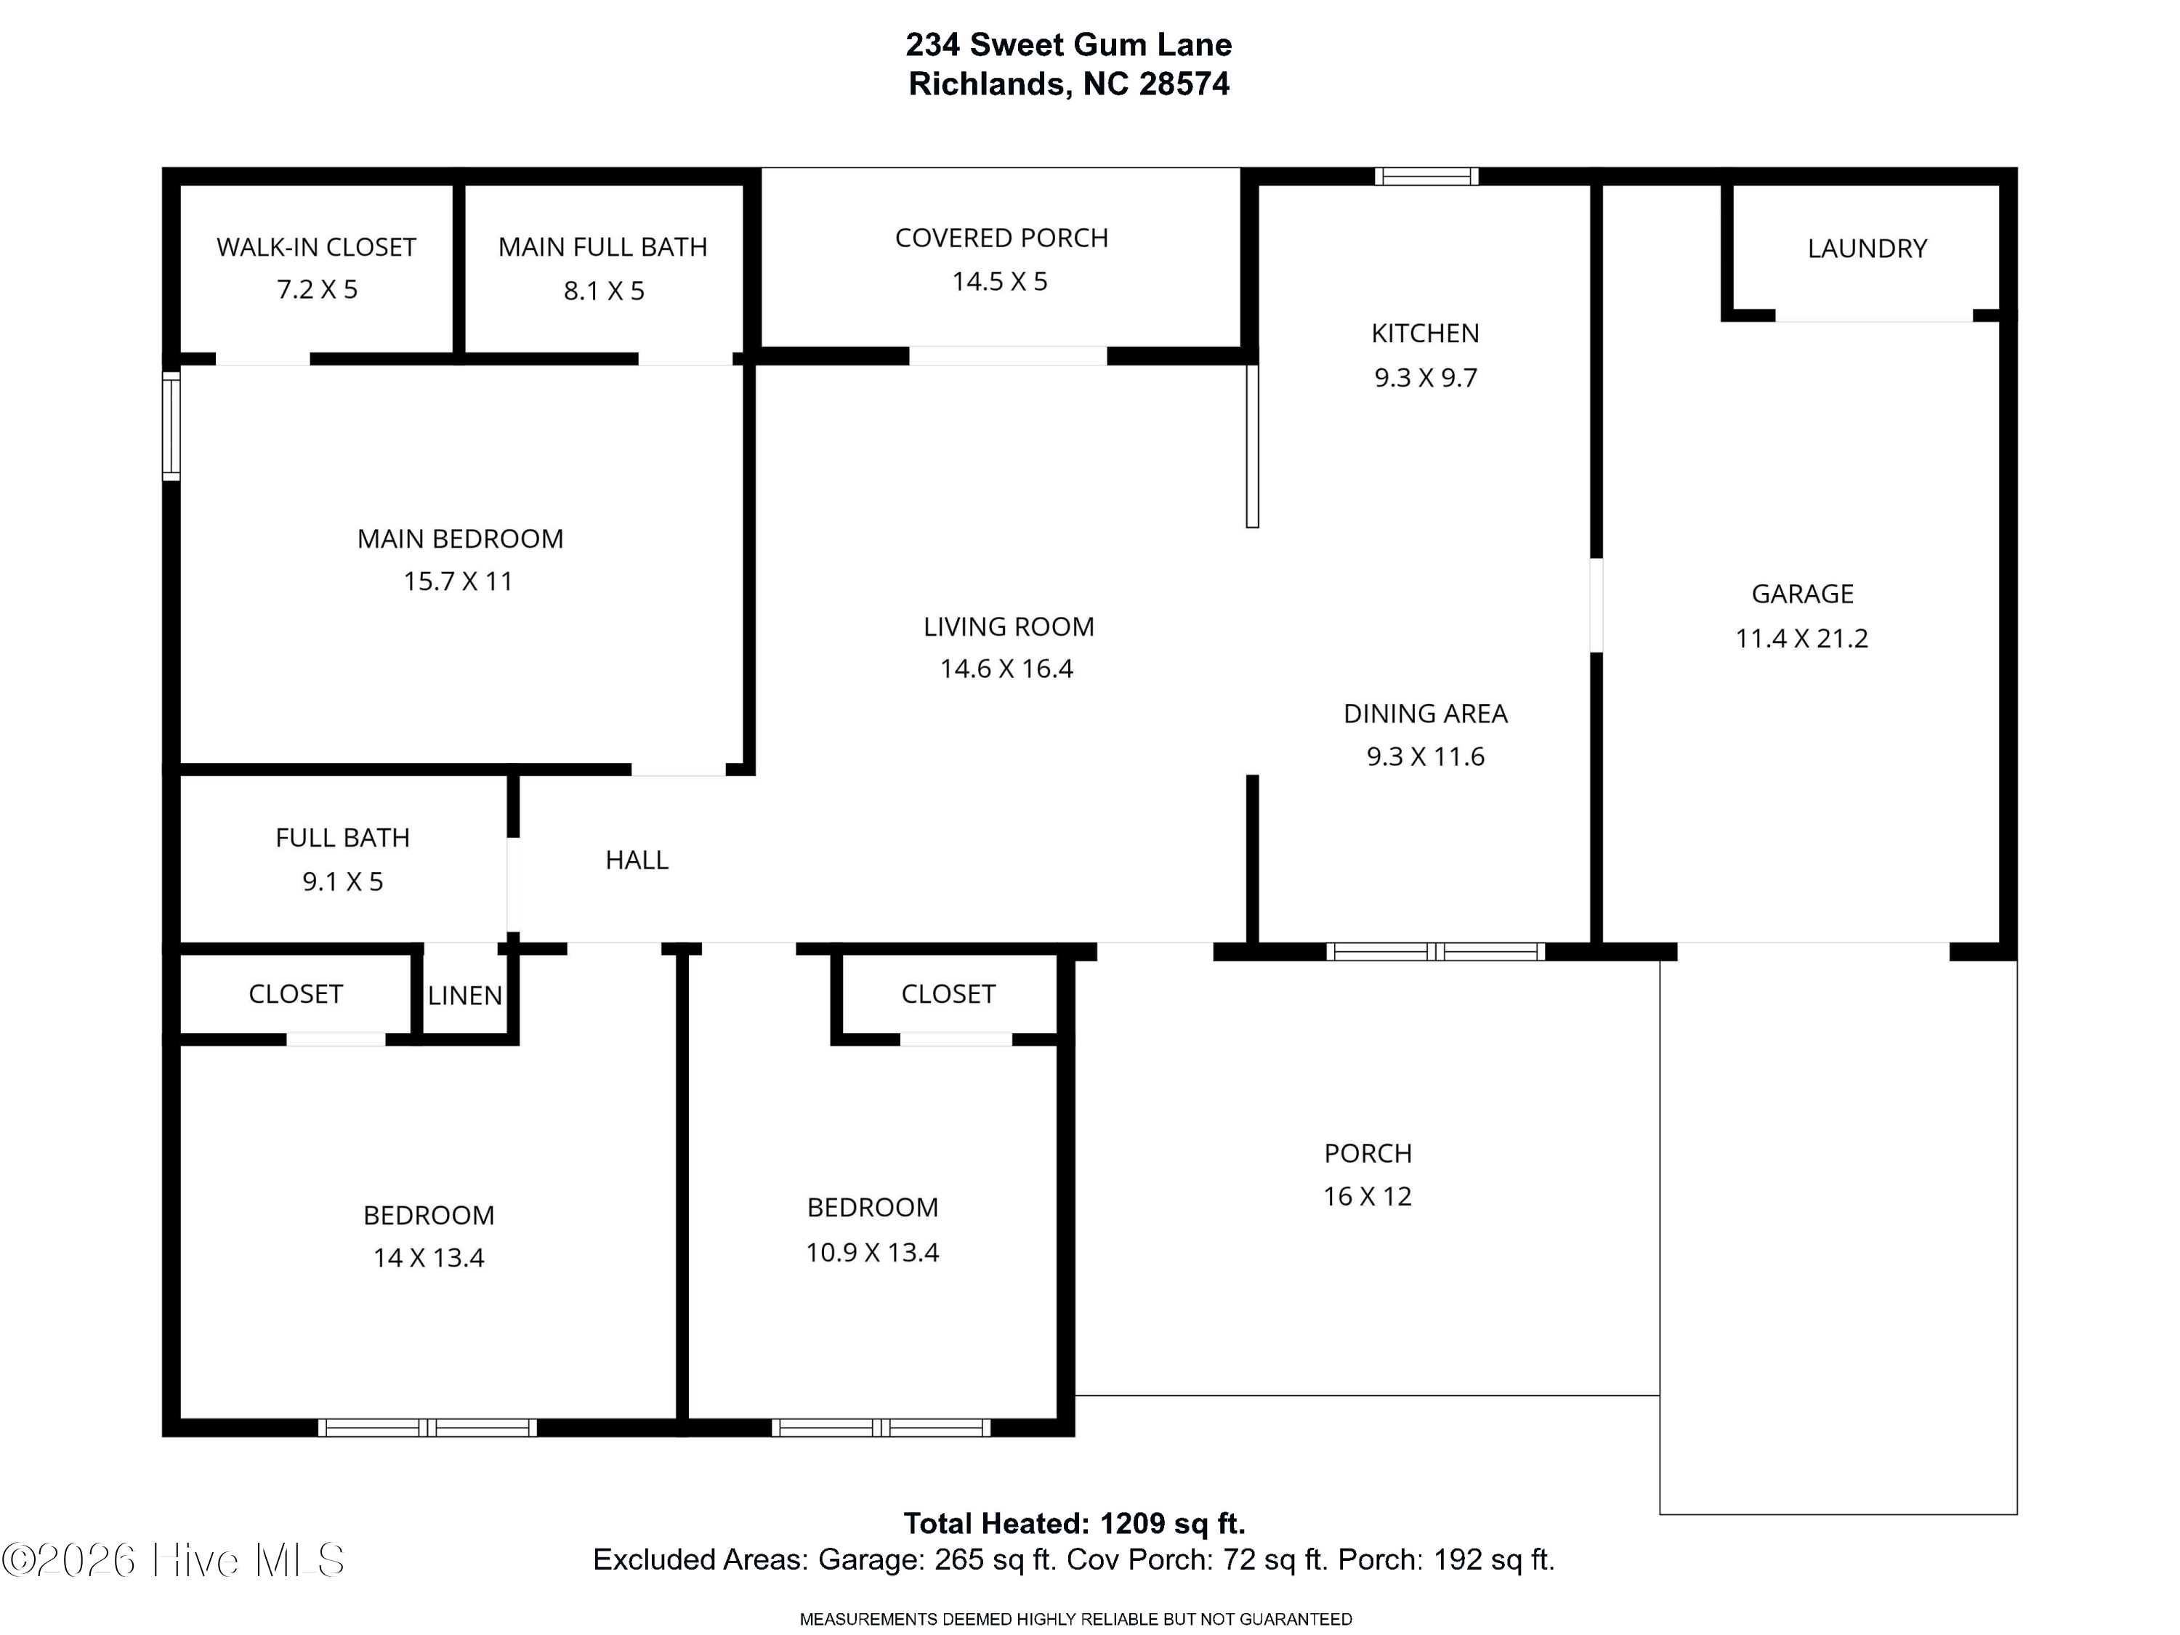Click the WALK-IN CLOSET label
pyautogui.click(x=316, y=247)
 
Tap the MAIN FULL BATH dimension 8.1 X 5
pyautogui.click(x=604, y=291)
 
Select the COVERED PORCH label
pyautogui.click(x=1001, y=238)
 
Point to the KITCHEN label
pyautogui.click(x=1425, y=333)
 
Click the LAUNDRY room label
pyautogui.click(x=1867, y=249)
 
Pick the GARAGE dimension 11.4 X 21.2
pyautogui.click(x=1801, y=639)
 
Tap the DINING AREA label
pyautogui.click(x=1425, y=714)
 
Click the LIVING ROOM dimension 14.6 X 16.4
pyautogui.click(x=1006, y=669)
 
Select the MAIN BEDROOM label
pyautogui.click(x=460, y=539)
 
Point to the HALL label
pyautogui.click(x=637, y=860)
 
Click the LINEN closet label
pyautogui.click(x=465, y=996)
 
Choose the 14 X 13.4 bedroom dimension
pyautogui.click(x=429, y=1258)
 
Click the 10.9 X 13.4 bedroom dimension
pyautogui.click(x=872, y=1253)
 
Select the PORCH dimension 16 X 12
pyautogui.click(x=1367, y=1196)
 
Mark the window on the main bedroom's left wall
pyautogui.click(x=171, y=426)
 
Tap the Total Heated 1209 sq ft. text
pyautogui.click(x=1074, y=1524)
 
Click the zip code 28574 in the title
pyautogui.click(x=1184, y=84)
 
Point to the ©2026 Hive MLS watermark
pyautogui.click(x=174, y=1560)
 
